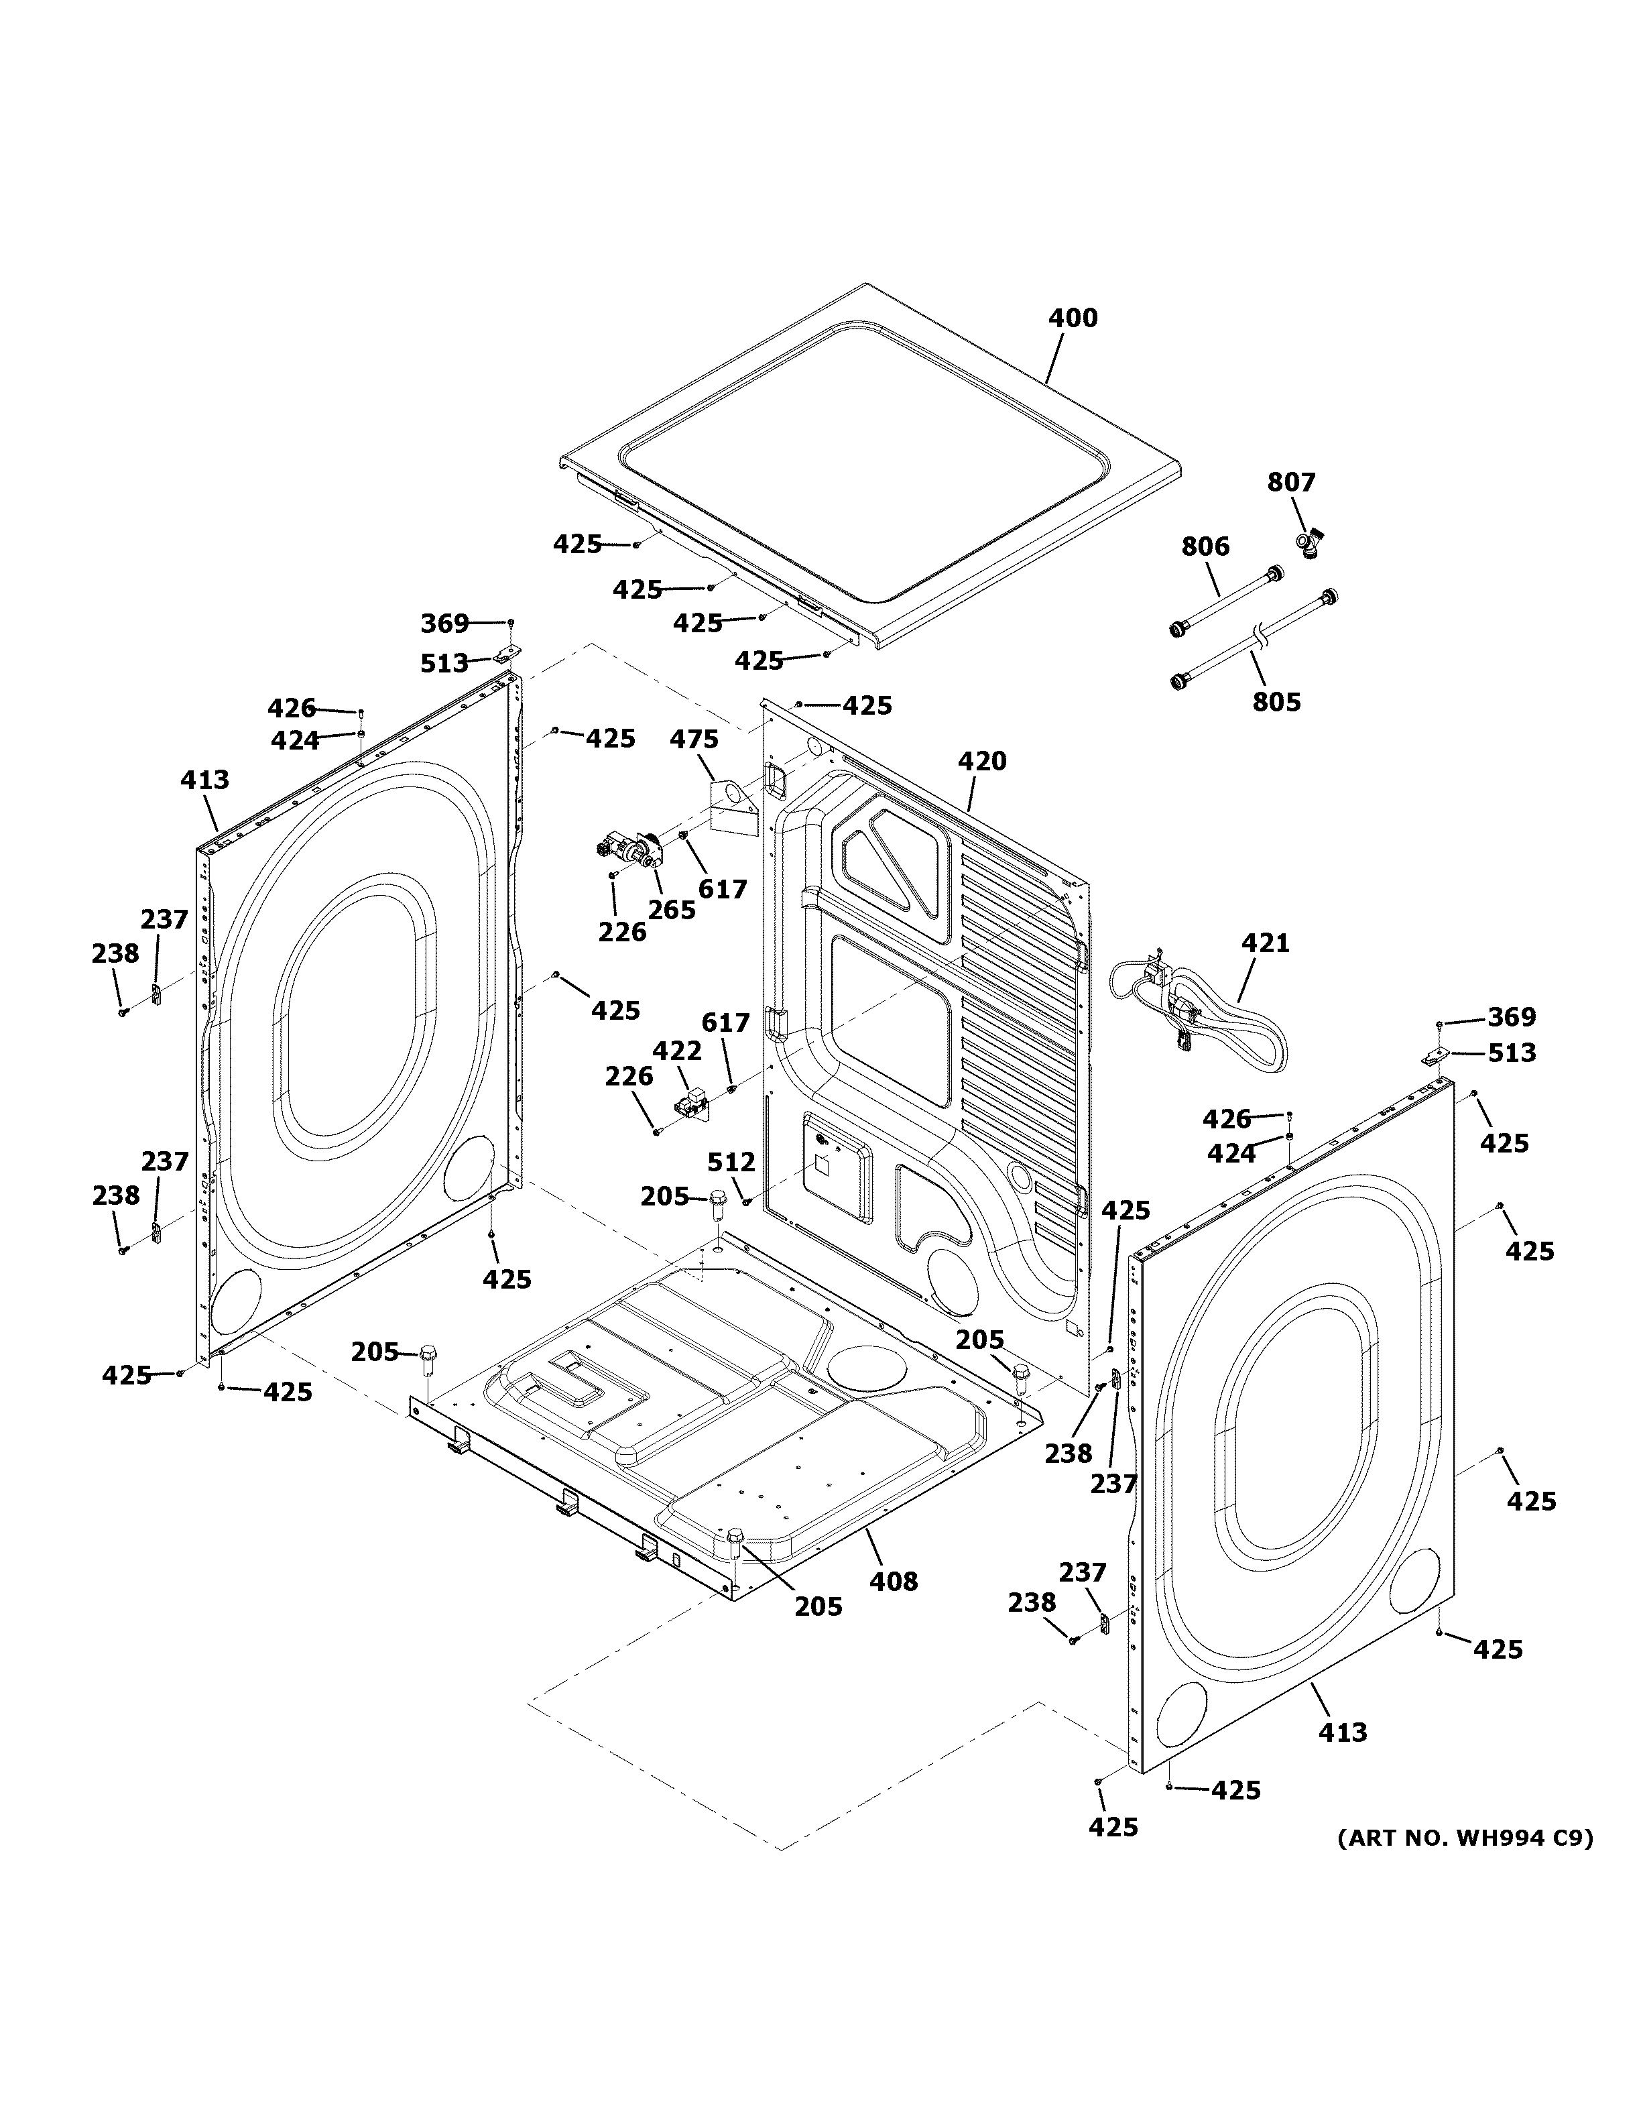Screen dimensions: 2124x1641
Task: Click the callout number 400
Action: tap(1073, 318)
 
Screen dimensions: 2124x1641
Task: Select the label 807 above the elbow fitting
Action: tap(1291, 482)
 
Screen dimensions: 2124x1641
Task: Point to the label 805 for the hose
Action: tap(1276, 701)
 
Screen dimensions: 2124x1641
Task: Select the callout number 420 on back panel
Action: tap(982, 762)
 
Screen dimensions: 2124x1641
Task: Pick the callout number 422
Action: tap(676, 1051)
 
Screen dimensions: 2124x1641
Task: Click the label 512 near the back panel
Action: tap(731, 1161)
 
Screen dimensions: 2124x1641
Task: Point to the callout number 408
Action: tap(894, 1582)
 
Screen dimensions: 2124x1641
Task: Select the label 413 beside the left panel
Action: tap(205, 780)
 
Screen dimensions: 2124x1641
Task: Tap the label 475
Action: tap(694, 739)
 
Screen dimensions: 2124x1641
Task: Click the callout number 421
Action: tap(1266, 943)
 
